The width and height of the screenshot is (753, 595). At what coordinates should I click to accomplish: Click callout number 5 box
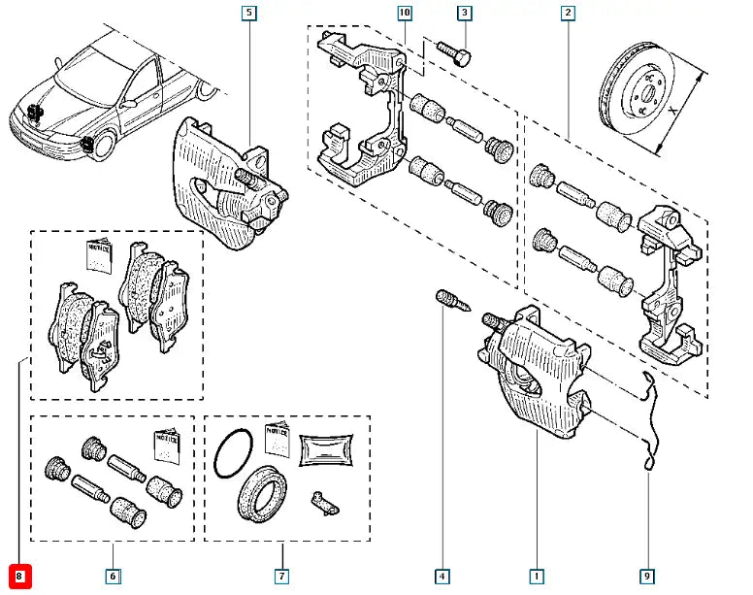(x=250, y=13)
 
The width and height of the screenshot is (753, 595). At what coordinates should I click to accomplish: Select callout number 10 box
(x=405, y=13)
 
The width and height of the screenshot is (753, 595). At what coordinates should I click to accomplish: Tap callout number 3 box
(x=465, y=13)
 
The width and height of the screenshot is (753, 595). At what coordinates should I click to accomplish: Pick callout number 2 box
(x=567, y=13)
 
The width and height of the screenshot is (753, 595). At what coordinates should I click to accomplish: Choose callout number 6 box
(x=113, y=577)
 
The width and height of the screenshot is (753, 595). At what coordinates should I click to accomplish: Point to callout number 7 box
(x=281, y=577)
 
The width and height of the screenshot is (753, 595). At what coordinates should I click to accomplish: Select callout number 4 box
(x=442, y=577)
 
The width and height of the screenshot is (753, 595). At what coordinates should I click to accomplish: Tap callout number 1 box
(x=537, y=577)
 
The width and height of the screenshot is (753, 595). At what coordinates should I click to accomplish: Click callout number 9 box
(x=648, y=577)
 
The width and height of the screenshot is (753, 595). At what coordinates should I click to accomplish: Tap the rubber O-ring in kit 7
(x=233, y=454)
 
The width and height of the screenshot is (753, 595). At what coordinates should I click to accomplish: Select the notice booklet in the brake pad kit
(x=100, y=254)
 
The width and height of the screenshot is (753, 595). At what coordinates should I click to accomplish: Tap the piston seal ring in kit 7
(x=262, y=492)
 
